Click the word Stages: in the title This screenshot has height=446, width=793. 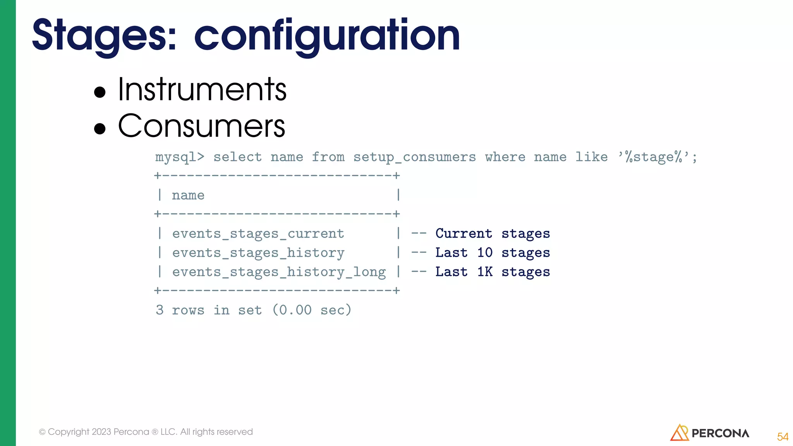104,36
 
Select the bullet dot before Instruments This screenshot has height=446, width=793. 100,92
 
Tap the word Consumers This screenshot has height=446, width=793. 202,126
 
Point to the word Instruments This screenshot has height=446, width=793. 202,90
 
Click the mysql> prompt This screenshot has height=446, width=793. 179,157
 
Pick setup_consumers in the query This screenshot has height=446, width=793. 414,157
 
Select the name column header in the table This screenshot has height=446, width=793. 188,196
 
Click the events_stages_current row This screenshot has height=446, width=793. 258,234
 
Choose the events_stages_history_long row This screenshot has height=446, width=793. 279,272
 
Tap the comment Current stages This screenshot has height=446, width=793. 493,234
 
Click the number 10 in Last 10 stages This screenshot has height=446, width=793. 485,253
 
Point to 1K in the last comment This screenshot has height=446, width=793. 485,272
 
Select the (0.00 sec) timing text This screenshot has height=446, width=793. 312,310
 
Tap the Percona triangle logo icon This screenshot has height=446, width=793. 679,433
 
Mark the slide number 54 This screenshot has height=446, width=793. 783,437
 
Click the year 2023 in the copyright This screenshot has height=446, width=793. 101,432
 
